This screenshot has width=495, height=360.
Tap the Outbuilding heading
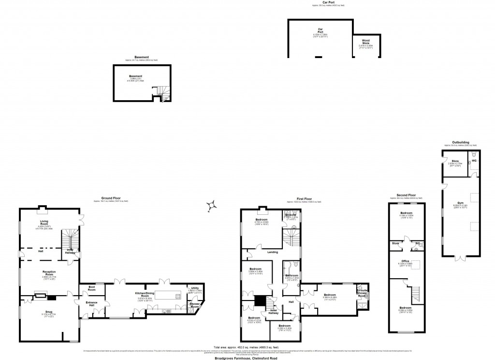click(457, 142)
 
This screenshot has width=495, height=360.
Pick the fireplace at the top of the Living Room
click(43, 210)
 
